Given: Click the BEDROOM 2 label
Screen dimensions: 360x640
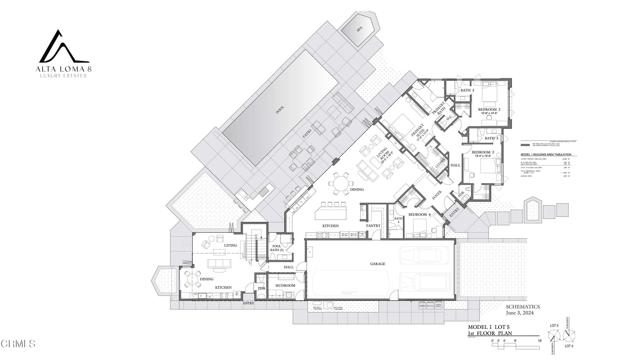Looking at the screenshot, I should click(487, 153).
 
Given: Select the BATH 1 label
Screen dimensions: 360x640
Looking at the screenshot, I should click(465, 90).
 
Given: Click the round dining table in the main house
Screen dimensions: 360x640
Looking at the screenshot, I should click(342, 184).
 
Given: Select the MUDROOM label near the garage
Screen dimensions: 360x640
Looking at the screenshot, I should click(283, 286).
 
